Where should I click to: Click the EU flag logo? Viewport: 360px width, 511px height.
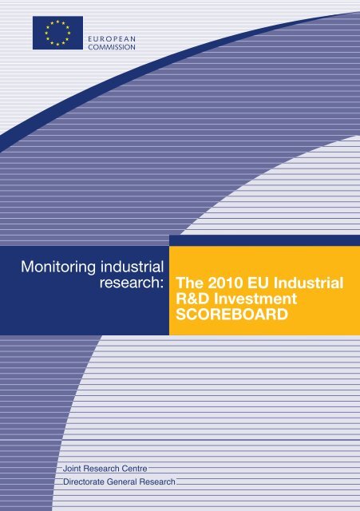point(57,33)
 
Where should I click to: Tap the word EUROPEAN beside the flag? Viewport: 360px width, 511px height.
point(112,39)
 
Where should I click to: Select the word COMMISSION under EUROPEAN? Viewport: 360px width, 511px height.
point(112,47)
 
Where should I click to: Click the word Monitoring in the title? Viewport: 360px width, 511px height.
point(58,267)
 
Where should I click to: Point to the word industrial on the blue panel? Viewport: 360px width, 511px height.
point(132,266)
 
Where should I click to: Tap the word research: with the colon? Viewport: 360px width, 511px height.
point(131,283)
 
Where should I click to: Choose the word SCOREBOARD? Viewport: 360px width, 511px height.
point(232,315)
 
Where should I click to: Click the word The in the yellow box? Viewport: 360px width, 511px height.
point(190,283)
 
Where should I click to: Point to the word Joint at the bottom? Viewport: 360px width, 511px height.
point(71,469)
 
